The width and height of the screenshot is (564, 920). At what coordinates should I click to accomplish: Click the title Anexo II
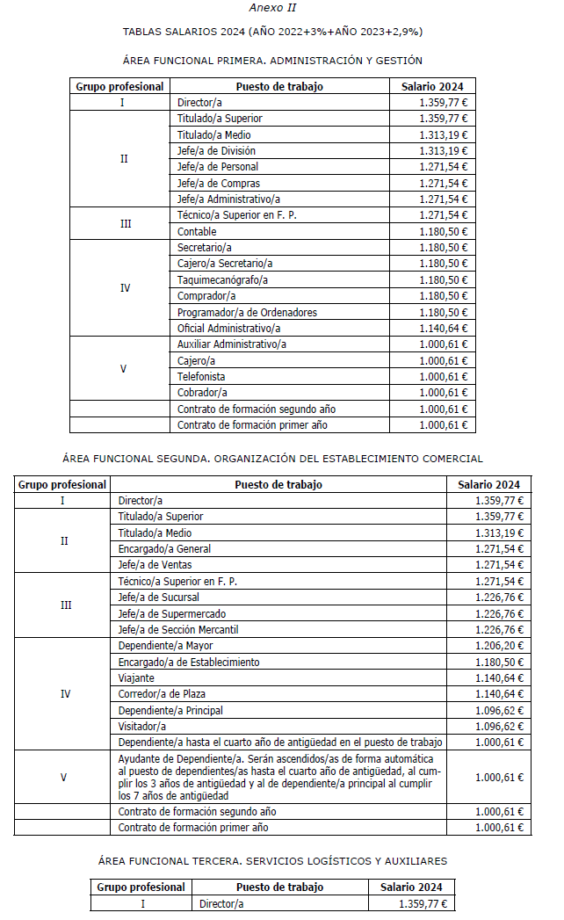(272, 8)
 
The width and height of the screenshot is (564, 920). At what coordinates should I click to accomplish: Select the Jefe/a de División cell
(216, 150)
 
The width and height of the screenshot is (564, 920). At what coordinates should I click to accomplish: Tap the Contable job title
(197, 231)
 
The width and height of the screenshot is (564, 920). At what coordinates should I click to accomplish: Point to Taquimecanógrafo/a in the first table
(222, 279)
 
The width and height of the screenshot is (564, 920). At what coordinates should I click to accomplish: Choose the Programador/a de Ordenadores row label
(247, 312)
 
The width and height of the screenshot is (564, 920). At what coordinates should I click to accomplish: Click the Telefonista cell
(201, 376)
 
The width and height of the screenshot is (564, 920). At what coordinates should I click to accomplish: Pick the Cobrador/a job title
(202, 393)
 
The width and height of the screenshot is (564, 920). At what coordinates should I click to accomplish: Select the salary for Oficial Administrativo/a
(444, 328)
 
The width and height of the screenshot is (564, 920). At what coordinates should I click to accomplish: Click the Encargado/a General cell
(164, 548)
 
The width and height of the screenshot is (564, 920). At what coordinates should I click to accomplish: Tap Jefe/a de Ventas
(155, 564)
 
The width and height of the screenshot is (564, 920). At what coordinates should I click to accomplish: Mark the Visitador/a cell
(141, 727)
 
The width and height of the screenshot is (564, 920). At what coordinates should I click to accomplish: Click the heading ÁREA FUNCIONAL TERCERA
(272, 860)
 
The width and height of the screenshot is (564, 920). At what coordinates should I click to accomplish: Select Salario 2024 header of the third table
(411, 887)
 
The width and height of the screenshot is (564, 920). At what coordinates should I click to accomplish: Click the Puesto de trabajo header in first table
(279, 86)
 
